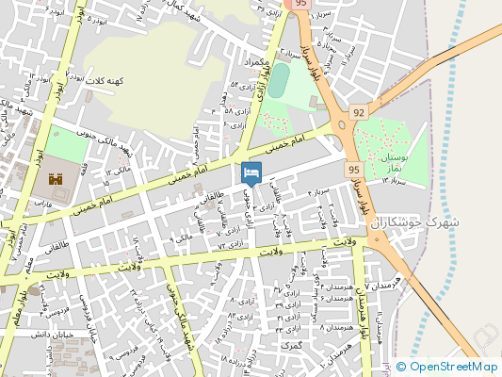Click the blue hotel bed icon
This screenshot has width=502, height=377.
pos(251,173)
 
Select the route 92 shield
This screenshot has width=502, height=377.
pos(358,112)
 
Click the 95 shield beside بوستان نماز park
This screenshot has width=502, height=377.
pos(352,169)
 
